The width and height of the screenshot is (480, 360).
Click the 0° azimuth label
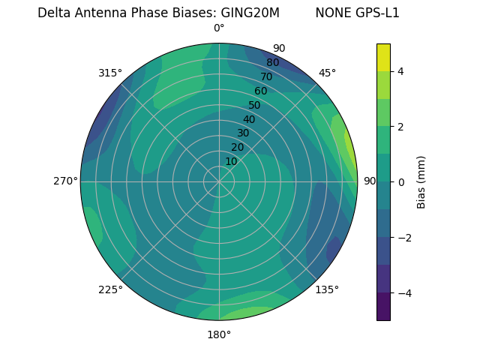pyautogui.click(x=219, y=28)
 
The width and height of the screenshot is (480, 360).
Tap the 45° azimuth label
pyautogui.click(x=327, y=73)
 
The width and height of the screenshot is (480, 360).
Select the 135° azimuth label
pyautogui.click(x=327, y=289)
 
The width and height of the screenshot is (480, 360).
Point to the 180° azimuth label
pyautogui.click(x=219, y=334)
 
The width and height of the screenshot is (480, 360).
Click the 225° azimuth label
pyautogui.click(x=110, y=289)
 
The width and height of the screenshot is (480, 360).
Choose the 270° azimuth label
pyautogui.click(x=65, y=181)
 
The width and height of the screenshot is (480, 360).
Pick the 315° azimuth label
pyautogui.click(x=110, y=73)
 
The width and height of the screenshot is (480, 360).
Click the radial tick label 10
pyautogui.click(x=231, y=161)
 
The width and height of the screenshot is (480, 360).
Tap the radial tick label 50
pyautogui.click(x=254, y=106)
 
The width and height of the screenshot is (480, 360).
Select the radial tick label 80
pyautogui.click(x=272, y=63)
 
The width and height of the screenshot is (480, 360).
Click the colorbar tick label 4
pyautogui.click(x=401, y=71)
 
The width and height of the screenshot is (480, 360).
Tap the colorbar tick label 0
pyautogui.click(x=401, y=182)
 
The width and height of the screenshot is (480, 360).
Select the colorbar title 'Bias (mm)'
pyautogui.click(x=421, y=182)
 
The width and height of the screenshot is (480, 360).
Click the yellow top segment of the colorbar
pyautogui.click(x=383, y=57)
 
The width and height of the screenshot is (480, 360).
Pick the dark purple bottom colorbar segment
pyautogui.click(x=383, y=307)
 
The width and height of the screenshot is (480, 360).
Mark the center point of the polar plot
pyautogui.click(x=219, y=181)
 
